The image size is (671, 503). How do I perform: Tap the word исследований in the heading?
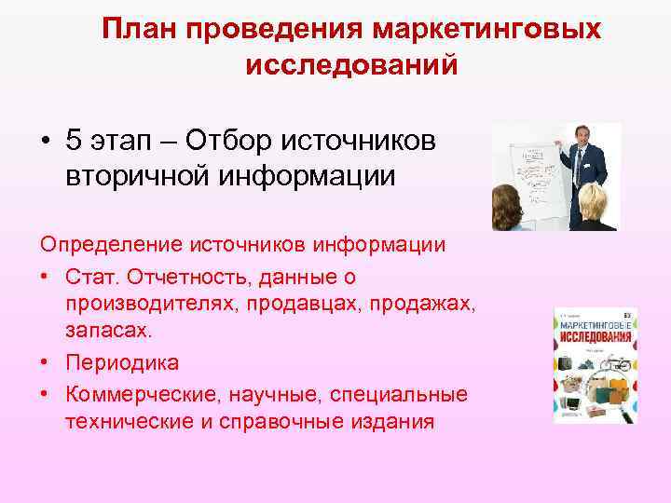(x=351, y=65)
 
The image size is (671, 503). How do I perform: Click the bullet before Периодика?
(x=45, y=363)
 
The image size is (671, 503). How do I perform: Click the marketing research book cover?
(x=595, y=364)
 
